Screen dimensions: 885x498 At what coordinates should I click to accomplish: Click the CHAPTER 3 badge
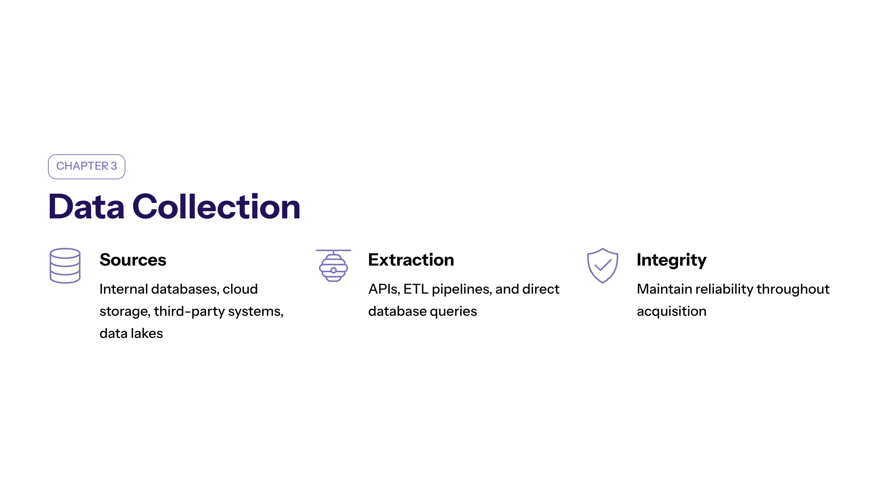(x=87, y=167)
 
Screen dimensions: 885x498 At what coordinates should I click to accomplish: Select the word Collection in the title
(x=216, y=207)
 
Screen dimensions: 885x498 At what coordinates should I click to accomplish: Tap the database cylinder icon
(x=65, y=266)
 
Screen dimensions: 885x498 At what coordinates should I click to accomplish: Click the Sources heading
(x=133, y=260)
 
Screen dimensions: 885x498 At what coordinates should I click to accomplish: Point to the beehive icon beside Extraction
(x=333, y=266)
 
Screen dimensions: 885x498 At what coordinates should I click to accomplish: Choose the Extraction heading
(x=411, y=260)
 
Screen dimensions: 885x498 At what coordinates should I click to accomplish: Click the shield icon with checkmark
(x=603, y=266)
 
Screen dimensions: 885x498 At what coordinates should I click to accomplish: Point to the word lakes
(x=147, y=333)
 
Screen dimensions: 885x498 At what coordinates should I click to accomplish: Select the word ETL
(x=416, y=289)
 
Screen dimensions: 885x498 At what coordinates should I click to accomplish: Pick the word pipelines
(x=462, y=290)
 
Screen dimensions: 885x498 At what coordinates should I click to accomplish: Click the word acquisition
(x=671, y=312)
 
